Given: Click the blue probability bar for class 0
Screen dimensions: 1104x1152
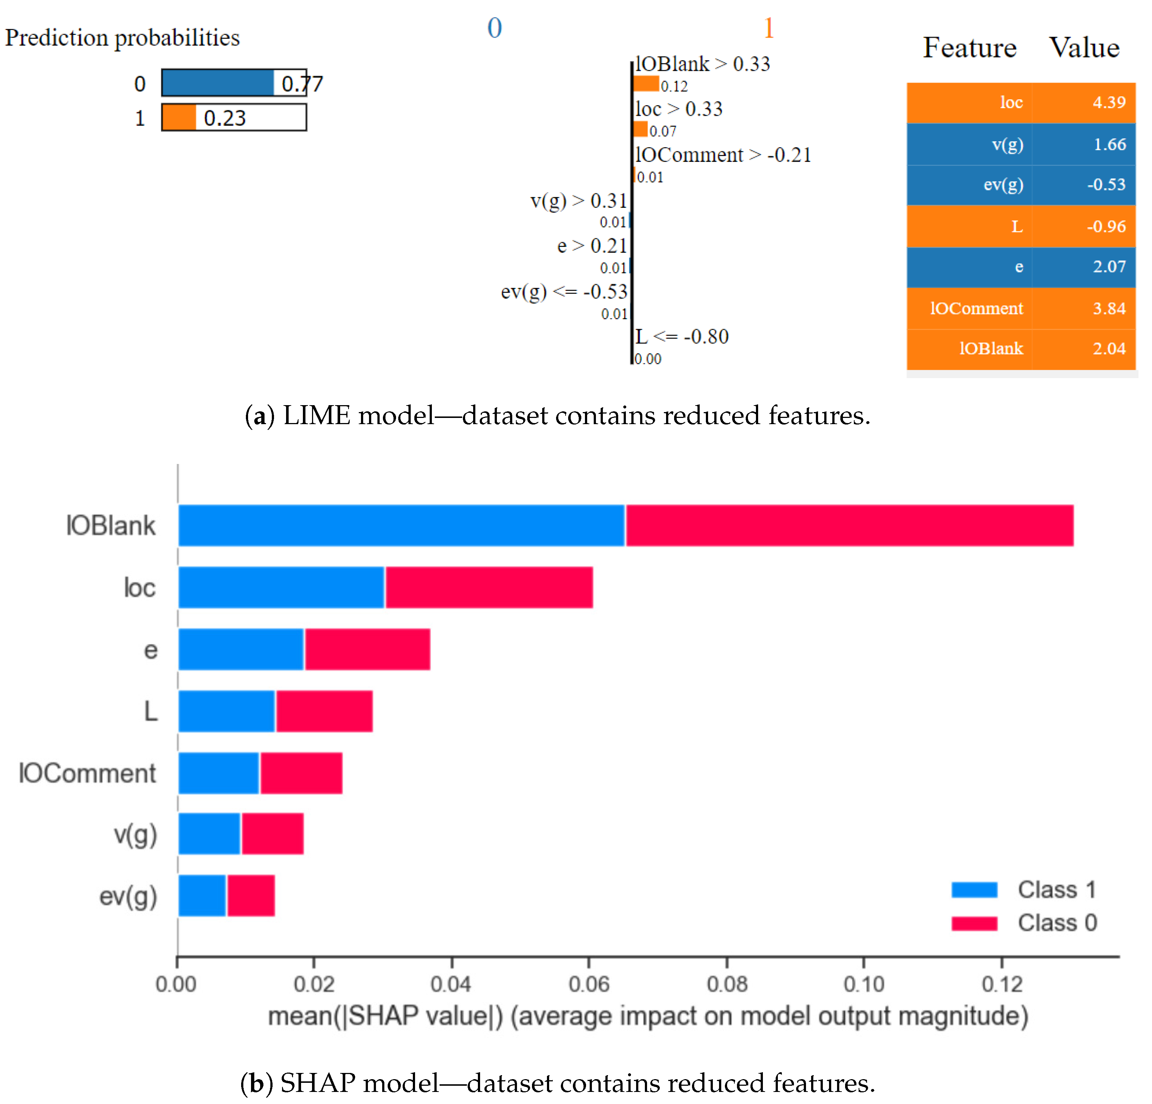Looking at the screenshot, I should pyautogui.click(x=217, y=83).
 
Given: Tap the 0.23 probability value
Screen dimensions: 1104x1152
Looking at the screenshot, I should pyautogui.click(x=225, y=118).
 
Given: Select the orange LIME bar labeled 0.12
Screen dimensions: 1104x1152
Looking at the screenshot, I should pyautogui.click(x=646, y=84).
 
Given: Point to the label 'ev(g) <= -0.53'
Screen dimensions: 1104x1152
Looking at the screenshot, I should pyautogui.click(x=564, y=292).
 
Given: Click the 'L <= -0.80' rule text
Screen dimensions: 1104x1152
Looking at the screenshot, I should pyautogui.click(x=682, y=337).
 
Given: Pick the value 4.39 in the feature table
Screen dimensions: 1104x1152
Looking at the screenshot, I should pyautogui.click(x=1109, y=102).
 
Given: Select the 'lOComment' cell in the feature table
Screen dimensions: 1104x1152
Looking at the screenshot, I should pyautogui.click(x=976, y=308).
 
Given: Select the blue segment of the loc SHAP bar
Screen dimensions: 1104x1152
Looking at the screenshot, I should pyautogui.click(x=281, y=587).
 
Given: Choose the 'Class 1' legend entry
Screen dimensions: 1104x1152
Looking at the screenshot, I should pyautogui.click(x=1056, y=890).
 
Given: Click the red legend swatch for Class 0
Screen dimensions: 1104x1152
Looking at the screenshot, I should pyautogui.click(x=974, y=923).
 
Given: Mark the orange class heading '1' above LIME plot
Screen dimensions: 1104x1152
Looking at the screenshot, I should pyautogui.click(x=768, y=28).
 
